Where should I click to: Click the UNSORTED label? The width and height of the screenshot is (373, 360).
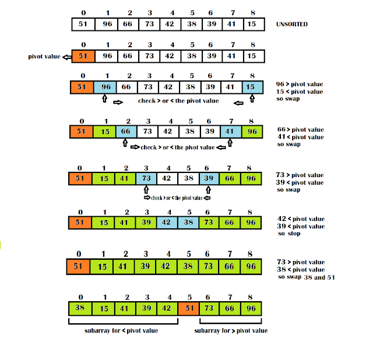tap(292, 24)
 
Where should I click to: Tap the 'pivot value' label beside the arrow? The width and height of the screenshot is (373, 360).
tap(44, 57)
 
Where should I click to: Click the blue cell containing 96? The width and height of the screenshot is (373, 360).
tap(105, 87)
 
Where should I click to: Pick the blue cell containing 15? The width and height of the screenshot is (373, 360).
tap(251, 87)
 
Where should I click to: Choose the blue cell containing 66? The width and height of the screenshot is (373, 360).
tap(126, 132)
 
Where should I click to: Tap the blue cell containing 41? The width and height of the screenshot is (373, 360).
tap(230, 132)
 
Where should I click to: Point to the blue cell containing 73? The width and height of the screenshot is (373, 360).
tap(147, 178)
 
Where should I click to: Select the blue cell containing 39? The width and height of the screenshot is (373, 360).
tap(209, 178)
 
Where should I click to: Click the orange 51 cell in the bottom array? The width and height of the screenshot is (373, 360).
tap(189, 308)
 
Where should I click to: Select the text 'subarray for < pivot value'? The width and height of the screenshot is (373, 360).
tap(122, 331)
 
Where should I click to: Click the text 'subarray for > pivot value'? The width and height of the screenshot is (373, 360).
tap(231, 331)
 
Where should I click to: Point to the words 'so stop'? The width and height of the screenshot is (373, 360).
tap(290, 234)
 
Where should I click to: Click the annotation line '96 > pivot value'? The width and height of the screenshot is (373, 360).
tap(300, 84)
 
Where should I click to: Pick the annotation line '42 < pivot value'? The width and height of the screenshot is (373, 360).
tap(301, 218)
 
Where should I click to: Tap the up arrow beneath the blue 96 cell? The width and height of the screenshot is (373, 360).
tap(104, 100)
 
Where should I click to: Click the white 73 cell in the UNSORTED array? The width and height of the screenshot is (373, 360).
tap(149, 24)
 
